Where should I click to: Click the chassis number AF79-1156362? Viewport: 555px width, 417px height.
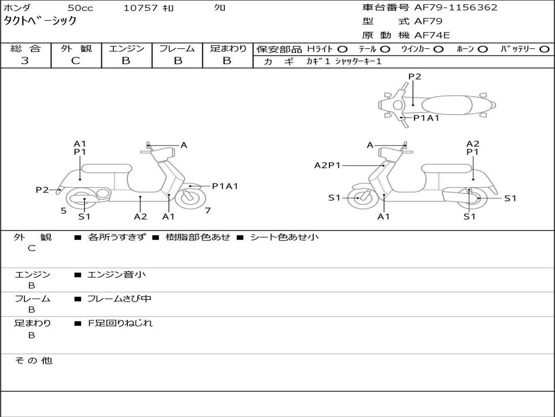click(455, 8)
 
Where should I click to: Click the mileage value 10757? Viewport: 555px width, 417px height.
click(140, 8)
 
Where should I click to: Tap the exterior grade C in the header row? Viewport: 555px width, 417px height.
click(76, 61)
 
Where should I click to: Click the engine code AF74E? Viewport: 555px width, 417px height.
click(432, 35)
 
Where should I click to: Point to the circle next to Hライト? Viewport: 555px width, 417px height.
click(343, 49)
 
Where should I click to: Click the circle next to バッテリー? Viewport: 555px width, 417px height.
click(544, 49)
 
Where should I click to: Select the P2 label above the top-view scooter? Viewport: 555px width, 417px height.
click(415, 77)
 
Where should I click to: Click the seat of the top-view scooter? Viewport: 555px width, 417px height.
click(447, 105)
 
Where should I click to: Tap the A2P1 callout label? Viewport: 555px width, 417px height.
click(327, 165)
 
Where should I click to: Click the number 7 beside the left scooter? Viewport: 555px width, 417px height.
click(208, 211)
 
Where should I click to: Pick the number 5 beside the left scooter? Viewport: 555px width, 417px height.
click(64, 211)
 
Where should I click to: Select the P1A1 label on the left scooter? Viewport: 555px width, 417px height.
click(225, 186)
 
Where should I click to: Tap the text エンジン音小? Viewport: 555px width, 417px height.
click(117, 274)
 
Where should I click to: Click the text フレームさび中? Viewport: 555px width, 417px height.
click(119, 299)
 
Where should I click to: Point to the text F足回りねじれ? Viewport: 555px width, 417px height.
click(120, 323)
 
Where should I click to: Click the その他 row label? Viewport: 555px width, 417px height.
click(34, 361)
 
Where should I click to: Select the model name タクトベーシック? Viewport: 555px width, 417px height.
click(40, 21)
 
